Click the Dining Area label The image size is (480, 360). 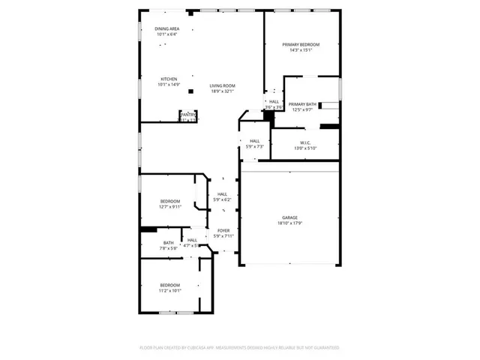click(167, 28)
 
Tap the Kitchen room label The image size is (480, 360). click(169, 79)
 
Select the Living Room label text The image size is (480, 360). click(222, 85)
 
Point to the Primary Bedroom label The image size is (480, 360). click(301, 45)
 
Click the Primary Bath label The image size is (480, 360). click(302, 104)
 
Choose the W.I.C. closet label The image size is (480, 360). click(305, 142)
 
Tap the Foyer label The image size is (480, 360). click(223, 230)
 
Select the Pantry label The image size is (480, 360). click(187, 114)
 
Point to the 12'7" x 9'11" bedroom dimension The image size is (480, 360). click(171, 206)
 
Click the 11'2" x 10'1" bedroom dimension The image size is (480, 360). click(170, 290)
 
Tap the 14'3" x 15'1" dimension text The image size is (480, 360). click(301, 50)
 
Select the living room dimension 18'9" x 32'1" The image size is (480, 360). click(222, 91)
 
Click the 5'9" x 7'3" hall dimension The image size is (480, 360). click(255, 146)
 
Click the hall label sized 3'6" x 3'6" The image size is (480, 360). click(274, 101)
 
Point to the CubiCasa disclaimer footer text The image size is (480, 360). click(239, 348)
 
